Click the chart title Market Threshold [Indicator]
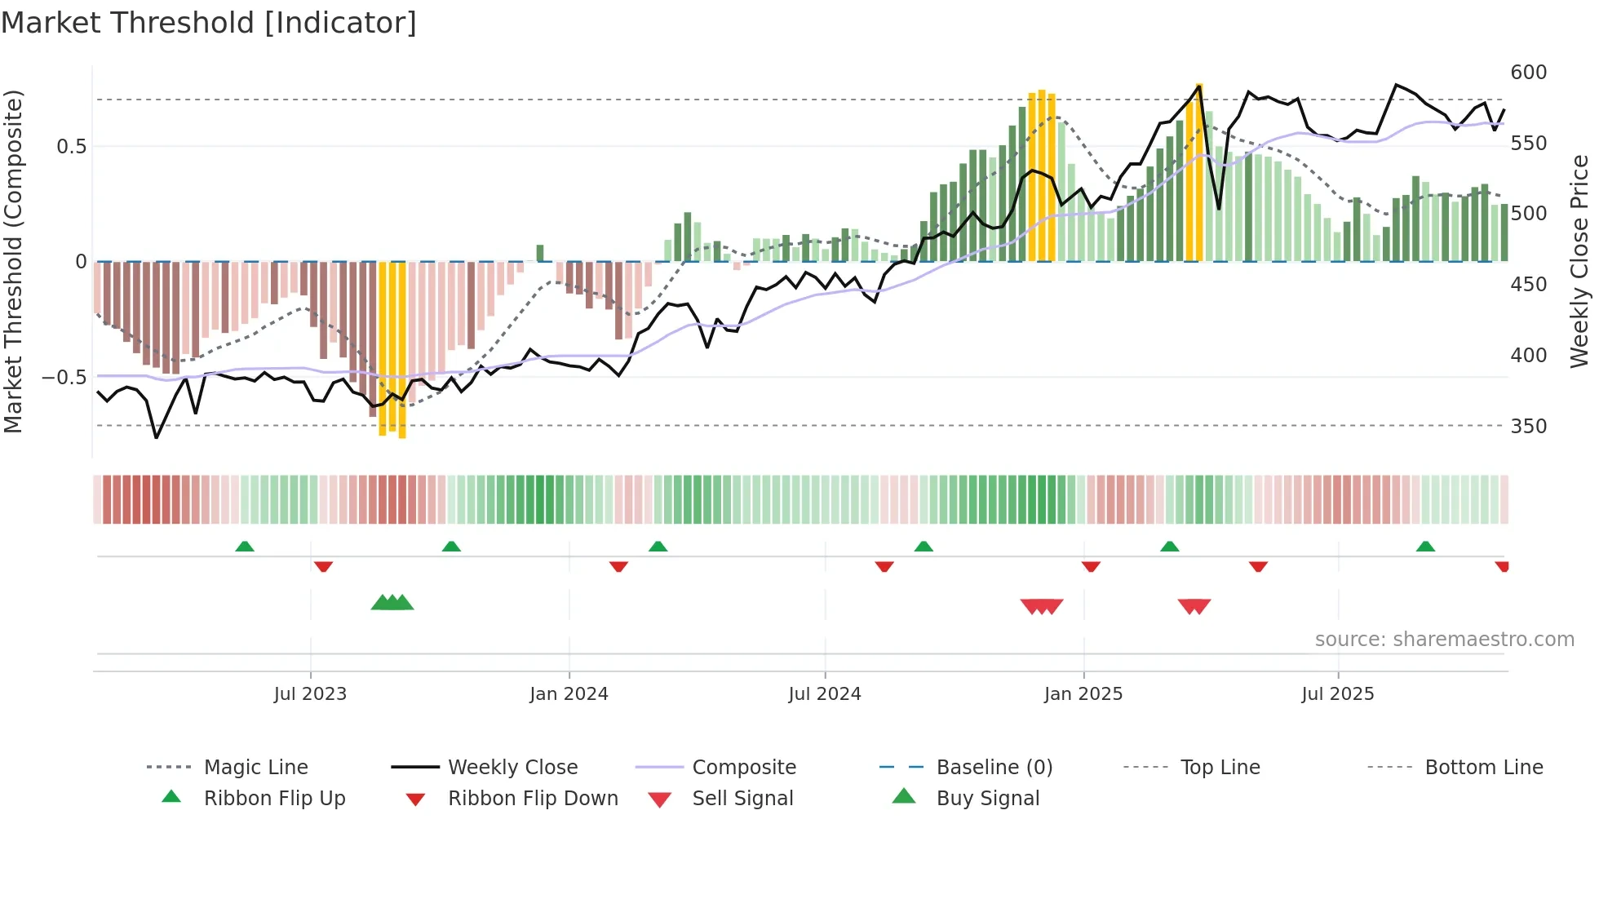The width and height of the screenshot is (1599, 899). pos(209,23)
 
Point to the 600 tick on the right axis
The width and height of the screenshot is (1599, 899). pos(1528,73)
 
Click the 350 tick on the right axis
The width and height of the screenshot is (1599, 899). pos(1528,427)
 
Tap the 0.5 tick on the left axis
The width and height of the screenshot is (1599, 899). pos(71,147)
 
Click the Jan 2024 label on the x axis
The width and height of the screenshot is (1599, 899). pos(569,694)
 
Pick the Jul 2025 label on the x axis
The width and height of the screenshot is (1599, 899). pos(1337,694)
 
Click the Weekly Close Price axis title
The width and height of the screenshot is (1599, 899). pos(1579,261)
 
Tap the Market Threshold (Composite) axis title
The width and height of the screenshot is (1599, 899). pos(13,261)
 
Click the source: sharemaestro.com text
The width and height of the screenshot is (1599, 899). pos(1444,640)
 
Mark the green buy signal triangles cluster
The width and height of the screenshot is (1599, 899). pos(392,603)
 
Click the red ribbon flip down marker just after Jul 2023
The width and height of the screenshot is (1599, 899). pos(323,566)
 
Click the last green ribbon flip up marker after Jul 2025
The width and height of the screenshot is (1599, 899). pos(1425,547)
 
